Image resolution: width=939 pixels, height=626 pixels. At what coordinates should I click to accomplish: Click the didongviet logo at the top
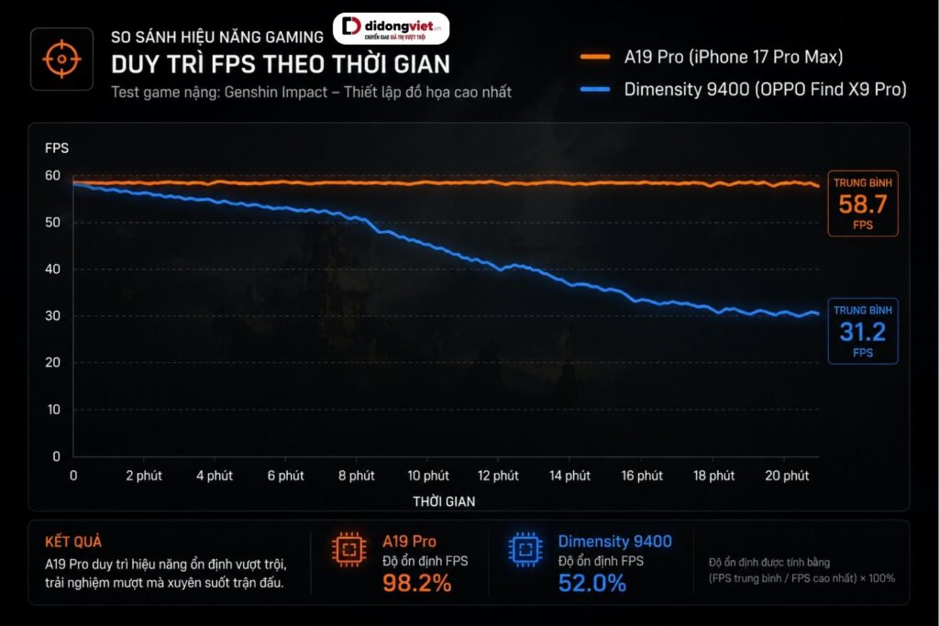[x=391, y=28]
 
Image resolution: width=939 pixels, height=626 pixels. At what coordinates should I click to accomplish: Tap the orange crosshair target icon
[x=61, y=60]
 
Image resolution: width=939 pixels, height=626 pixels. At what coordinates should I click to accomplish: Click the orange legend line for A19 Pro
[x=594, y=58]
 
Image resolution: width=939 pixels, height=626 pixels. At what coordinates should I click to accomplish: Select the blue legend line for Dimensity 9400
[x=594, y=90]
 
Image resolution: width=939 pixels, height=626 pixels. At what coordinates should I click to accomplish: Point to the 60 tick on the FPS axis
[x=52, y=175]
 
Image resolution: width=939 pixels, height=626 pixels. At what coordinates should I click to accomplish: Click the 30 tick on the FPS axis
[x=52, y=315]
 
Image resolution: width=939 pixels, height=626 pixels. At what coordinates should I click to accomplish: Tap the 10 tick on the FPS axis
[x=53, y=410]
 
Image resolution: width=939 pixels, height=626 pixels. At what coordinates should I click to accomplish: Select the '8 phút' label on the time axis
[x=357, y=476]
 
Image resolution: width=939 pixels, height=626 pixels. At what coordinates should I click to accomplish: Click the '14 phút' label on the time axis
[x=569, y=476]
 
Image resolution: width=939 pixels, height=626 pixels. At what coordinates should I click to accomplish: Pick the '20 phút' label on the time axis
[x=787, y=476]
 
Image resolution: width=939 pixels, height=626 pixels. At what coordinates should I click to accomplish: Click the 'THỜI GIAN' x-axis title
[x=444, y=501]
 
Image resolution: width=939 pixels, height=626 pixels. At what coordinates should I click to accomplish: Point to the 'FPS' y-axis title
[x=57, y=148]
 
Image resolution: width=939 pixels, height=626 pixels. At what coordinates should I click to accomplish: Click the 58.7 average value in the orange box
[x=862, y=204]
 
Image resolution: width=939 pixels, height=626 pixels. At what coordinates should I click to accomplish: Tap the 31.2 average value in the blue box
[x=862, y=332]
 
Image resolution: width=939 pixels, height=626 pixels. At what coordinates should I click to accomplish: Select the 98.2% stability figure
[x=417, y=583]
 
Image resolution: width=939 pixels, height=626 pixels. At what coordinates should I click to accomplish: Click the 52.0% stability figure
[x=592, y=583]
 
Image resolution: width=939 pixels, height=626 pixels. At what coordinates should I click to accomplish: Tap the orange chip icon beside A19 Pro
[x=349, y=549]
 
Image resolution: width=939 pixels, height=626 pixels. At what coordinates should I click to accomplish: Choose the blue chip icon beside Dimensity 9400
[x=525, y=549]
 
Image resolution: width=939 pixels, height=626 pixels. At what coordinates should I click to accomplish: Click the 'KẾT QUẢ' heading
[x=73, y=543]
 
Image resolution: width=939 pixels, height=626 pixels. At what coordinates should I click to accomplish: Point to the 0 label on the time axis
[x=73, y=476]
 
